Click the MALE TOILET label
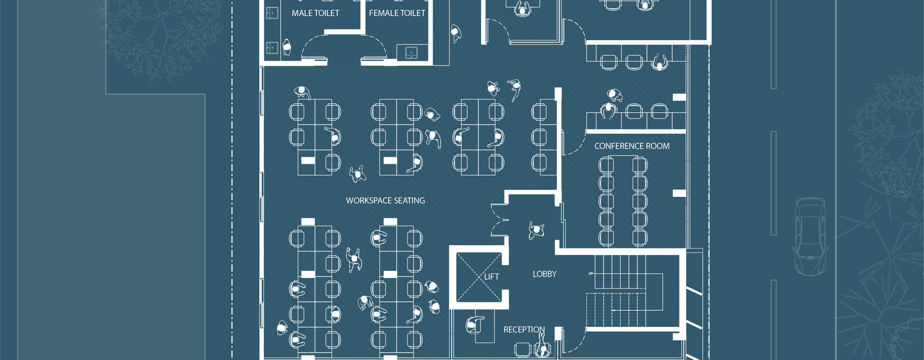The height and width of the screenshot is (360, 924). coord(315,13)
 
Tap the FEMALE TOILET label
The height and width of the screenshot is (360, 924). coord(397,13)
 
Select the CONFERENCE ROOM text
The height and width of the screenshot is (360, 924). coord(632,146)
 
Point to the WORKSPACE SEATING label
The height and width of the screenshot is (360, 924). coord(385,201)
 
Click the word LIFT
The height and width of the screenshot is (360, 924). coord(491,277)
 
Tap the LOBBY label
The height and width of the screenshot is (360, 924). coord(544,274)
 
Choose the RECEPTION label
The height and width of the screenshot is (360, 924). coord(524,329)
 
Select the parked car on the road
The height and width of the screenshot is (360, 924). coord(809,236)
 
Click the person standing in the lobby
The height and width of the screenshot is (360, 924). coord(536,231)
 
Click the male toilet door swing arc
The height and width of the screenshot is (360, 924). coord(314,47)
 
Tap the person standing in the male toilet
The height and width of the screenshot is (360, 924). coord(286,47)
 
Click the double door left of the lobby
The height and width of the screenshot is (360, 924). coord(498,220)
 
